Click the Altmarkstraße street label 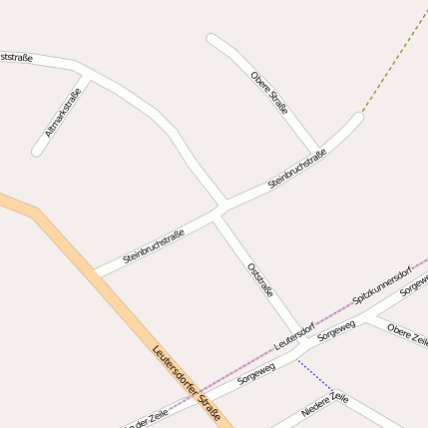63,114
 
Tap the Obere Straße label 269,94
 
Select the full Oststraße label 260,278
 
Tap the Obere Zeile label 407,334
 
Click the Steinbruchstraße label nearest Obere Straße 297,170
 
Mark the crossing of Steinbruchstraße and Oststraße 219,211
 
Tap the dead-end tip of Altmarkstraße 38,152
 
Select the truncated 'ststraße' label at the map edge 15,58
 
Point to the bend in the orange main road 38,213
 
